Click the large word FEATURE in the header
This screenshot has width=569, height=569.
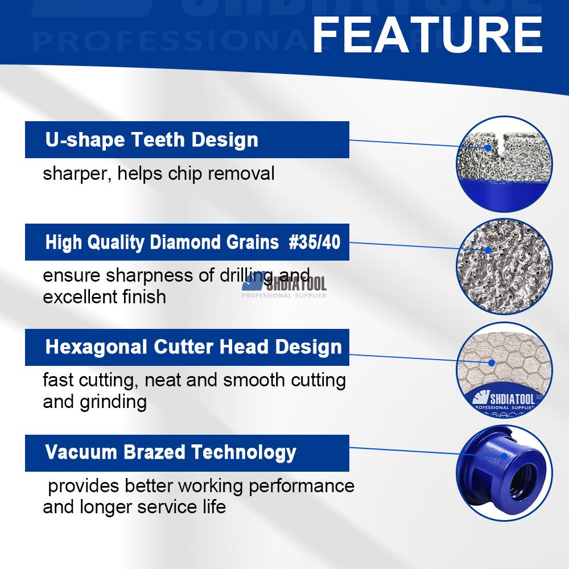(x=427, y=35)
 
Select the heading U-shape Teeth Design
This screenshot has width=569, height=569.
(x=152, y=140)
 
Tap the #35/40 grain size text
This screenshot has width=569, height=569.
(x=315, y=242)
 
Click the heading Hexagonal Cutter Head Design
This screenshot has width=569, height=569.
(x=193, y=347)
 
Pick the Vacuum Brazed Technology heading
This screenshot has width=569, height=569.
(x=171, y=453)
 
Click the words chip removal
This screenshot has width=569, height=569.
(x=221, y=174)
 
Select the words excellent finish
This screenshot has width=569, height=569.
(x=105, y=297)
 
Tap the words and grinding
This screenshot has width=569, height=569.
(x=94, y=402)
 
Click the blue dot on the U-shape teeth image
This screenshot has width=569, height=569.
(x=488, y=148)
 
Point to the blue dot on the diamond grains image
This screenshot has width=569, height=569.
(x=488, y=250)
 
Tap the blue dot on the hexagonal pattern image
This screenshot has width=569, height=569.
(x=492, y=362)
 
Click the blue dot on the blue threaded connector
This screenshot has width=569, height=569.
(x=504, y=456)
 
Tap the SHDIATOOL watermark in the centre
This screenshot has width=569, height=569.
(x=284, y=285)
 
